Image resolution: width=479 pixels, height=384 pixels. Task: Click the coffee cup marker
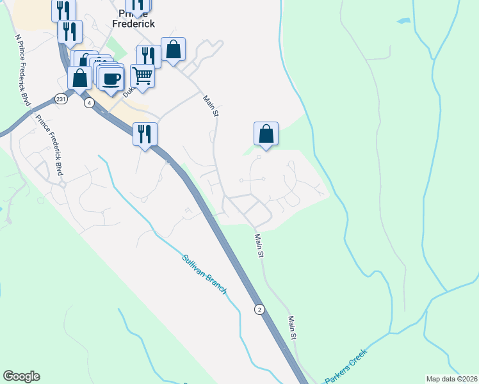(111, 79)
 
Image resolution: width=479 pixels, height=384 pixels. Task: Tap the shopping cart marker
(143, 76)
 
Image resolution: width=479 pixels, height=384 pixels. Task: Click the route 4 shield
(89, 102)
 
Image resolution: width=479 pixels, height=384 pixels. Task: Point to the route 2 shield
(259, 309)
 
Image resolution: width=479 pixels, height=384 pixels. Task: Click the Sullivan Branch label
(204, 275)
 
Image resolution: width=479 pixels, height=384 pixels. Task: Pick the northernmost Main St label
(211, 106)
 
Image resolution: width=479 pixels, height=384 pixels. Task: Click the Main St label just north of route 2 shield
(259, 245)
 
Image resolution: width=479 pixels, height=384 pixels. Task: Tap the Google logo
(21, 376)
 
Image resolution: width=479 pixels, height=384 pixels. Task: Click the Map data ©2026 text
(451, 378)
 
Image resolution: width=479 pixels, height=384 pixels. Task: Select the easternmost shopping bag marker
(266, 134)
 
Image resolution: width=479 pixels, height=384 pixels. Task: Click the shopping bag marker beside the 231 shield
(79, 78)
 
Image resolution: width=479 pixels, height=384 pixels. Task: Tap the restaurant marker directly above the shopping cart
(148, 56)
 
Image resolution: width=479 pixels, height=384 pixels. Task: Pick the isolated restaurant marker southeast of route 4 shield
(145, 134)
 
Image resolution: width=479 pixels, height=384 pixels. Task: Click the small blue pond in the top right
(403, 21)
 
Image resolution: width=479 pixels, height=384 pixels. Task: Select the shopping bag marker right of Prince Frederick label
(173, 49)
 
